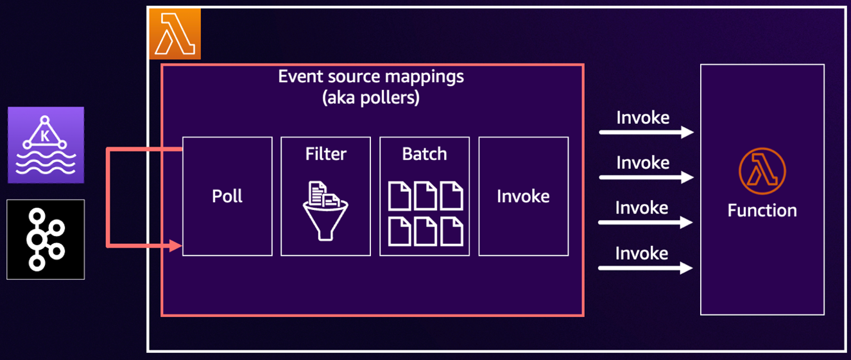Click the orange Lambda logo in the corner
175,34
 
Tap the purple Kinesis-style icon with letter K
46,145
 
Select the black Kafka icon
46,239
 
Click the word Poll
227,196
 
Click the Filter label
326,155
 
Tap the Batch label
424,155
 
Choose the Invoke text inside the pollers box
523,196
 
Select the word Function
762,210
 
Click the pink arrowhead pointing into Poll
176,245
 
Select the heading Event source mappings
371,77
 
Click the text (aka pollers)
372,98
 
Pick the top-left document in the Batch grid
399,195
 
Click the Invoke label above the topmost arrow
642,118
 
